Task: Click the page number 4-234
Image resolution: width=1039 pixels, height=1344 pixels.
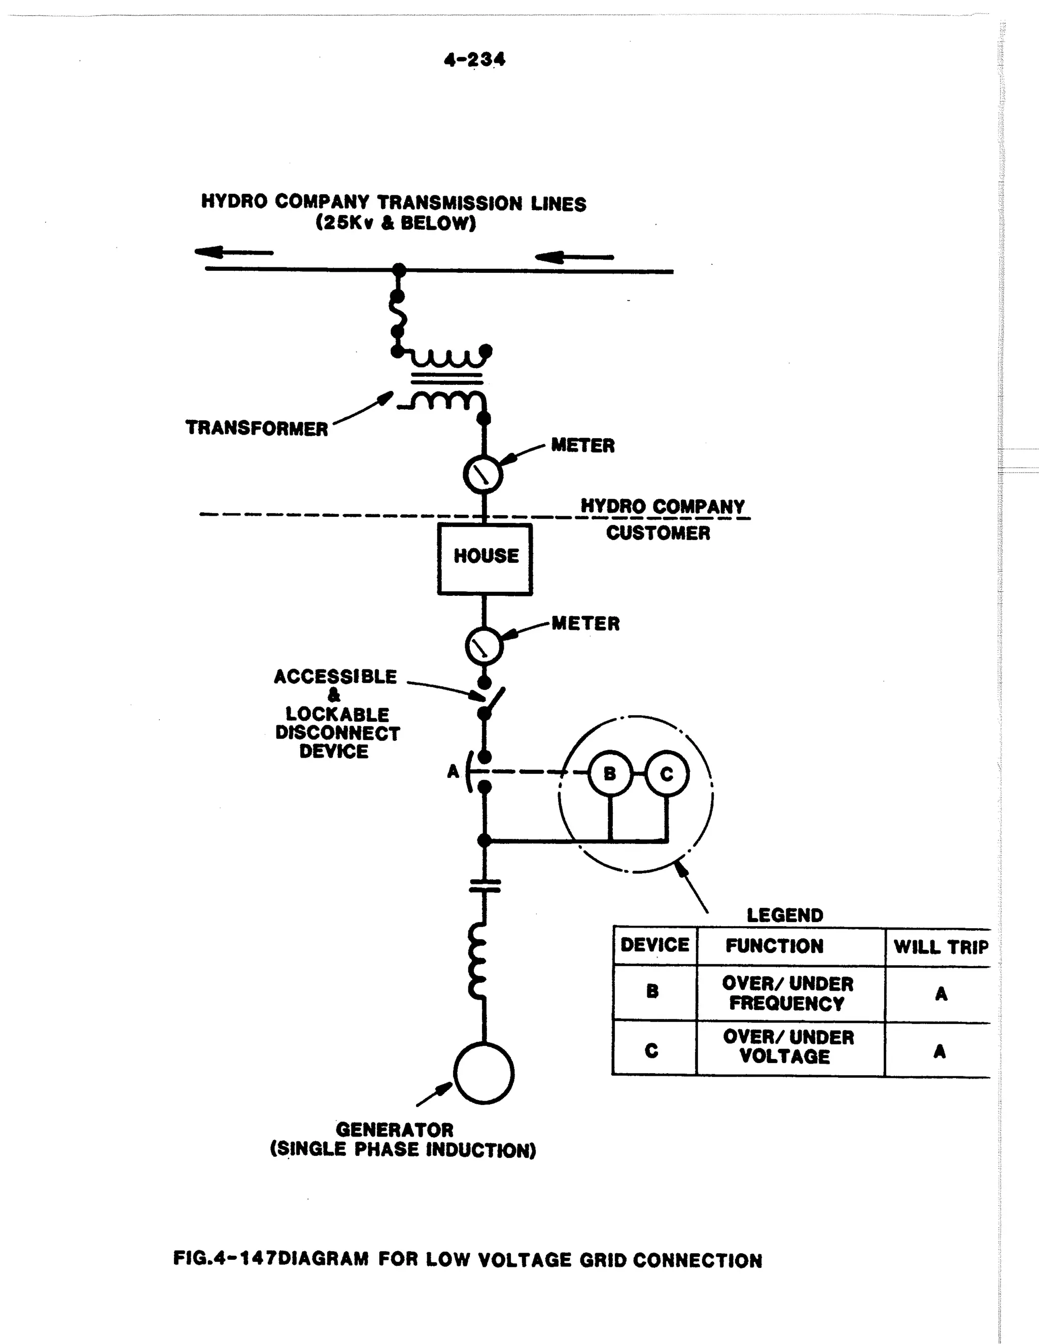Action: click(474, 60)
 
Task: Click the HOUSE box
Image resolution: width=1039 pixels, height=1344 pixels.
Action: click(485, 559)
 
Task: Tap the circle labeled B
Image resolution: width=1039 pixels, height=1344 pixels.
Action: click(610, 774)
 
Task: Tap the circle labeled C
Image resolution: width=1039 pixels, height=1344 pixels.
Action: click(667, 774)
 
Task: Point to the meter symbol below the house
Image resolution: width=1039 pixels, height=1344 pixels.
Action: click(484, 646)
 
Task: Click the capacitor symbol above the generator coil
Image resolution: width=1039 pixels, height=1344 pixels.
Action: click(485, 886)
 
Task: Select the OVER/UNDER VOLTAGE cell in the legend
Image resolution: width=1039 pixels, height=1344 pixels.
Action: click(788, 1047)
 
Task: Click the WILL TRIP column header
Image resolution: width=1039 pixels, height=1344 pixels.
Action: click(941, 946)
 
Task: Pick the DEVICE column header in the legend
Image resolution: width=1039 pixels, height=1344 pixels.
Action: click(654, 945)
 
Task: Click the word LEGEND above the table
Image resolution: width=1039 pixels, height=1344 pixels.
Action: click(785, 915)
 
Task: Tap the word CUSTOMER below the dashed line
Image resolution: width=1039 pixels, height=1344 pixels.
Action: click(658, 533)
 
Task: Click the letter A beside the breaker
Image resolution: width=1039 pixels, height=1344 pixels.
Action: click(453, 771)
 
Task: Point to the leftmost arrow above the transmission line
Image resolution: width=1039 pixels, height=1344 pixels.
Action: click(234, 252)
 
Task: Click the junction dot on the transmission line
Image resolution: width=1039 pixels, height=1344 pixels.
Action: click(399, 269)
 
